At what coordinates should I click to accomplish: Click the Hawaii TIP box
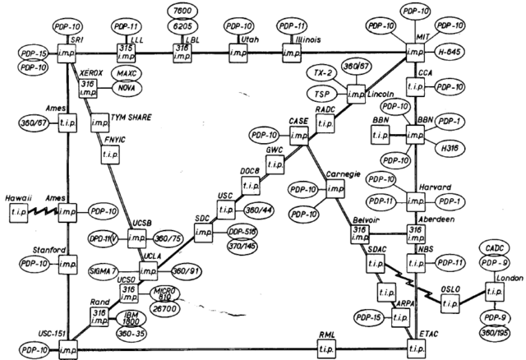19,211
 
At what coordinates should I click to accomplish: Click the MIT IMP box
418,53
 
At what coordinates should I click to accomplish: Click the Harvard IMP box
420,200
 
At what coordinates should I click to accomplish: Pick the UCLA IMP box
149,271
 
